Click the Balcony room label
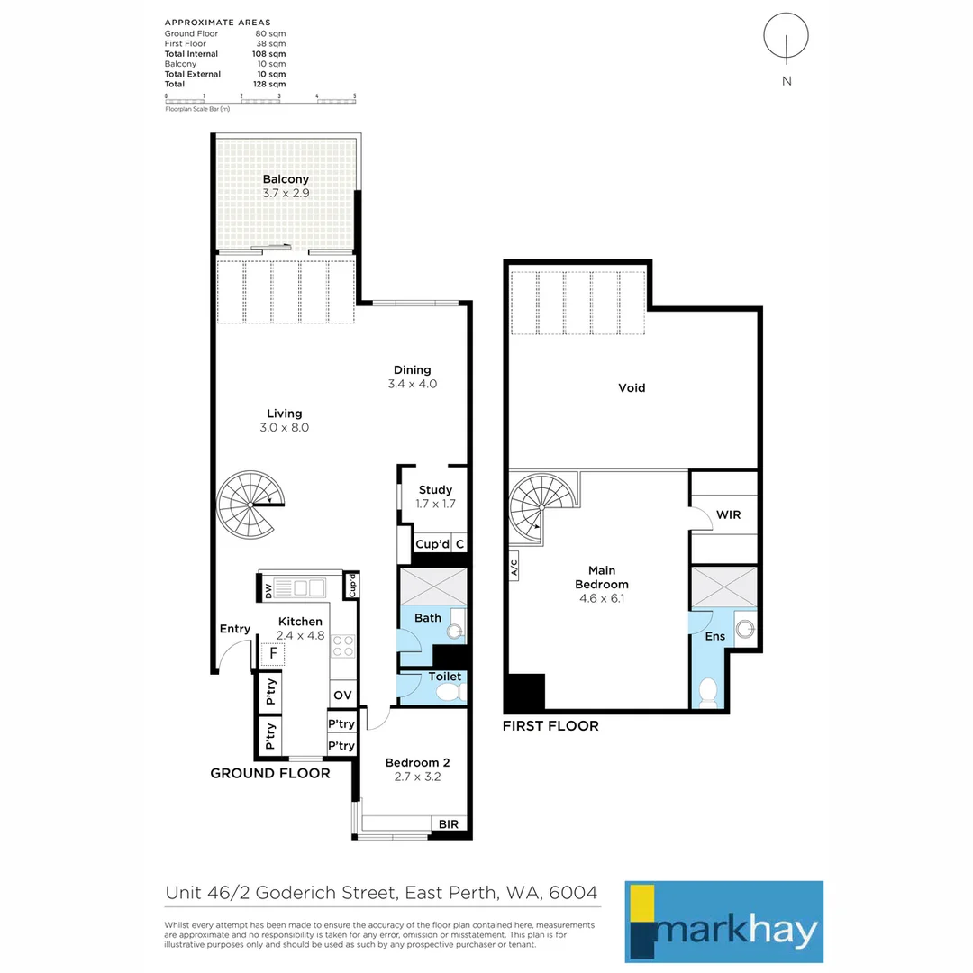286,179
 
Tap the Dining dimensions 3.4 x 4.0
412,384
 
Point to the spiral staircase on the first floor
541,507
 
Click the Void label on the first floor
632,387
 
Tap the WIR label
729,515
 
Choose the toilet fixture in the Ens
708,693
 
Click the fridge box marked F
272,653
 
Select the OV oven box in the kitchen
342,695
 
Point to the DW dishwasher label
268,591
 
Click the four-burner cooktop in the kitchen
343,646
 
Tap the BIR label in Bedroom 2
448,824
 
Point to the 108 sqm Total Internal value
268,54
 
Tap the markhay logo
724,922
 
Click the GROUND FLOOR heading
270,773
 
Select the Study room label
435,489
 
